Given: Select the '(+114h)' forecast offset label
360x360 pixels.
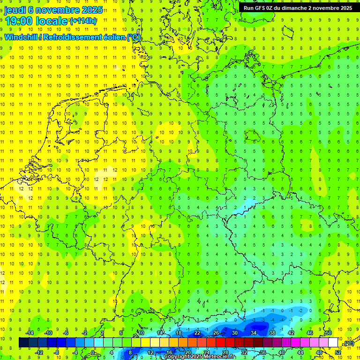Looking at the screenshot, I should coord(83,21).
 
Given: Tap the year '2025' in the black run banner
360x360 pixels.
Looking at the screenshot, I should coord(345,8).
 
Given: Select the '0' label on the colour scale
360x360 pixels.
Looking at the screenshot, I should coord(93,352).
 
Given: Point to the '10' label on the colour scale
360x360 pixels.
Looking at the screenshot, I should coord(141,333).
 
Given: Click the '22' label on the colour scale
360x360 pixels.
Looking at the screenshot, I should coord(197,333).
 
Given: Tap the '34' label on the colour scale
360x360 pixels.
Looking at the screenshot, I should coord(253,333).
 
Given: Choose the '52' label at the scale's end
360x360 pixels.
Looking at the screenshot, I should coord(338,352).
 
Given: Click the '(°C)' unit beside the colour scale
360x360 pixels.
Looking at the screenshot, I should coord(348,344).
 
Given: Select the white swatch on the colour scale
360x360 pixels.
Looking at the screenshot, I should coord(333,343).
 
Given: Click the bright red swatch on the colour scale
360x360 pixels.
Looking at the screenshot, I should coord(220,343).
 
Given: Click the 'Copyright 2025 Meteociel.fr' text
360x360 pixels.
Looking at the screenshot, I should coord(199,357).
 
